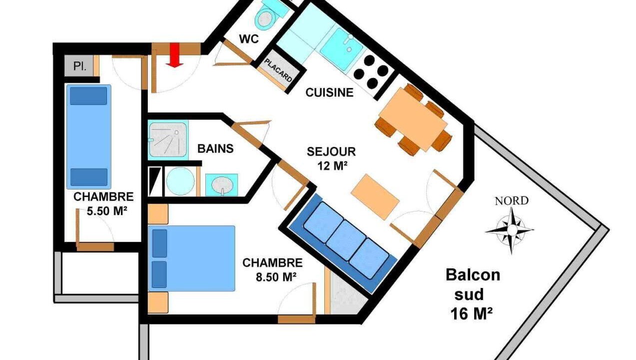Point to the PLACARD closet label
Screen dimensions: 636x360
(x=278, y=70)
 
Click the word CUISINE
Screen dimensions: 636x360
(x=329, y=92)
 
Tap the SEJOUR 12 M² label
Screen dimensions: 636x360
(x=331, y=158)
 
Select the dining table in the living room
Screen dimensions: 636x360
(x=413, y=119)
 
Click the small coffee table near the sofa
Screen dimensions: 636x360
(x=375, y=197)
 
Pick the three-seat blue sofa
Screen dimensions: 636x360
(x=343, y=243)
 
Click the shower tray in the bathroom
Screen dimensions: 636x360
(x=168, y=140)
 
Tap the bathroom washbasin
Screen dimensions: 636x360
(x=222, y=184)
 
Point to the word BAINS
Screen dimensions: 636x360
(x=215, y=148)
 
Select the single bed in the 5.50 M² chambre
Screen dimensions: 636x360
(x=89, y=136)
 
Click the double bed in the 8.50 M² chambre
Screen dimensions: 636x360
(x=192, y=258)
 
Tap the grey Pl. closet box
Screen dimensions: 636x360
(x=79, y=66)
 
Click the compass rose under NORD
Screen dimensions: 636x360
(x=511, y=230)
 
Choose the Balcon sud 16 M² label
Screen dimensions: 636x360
(x=473, y=294)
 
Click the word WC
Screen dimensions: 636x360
(x=249, y=38)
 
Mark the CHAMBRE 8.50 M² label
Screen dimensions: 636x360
(x=273, y=269)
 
